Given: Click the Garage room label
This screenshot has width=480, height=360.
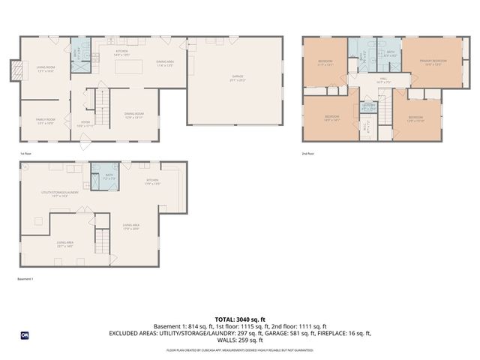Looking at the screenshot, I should coord(237,77).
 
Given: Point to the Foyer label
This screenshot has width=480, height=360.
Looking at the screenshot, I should coord(85,125).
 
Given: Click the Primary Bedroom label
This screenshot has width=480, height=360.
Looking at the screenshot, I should coord(435,64).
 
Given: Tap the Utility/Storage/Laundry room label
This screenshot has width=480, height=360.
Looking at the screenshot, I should coord(60,193).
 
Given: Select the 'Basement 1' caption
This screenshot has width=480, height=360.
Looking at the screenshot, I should coord(26,279).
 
